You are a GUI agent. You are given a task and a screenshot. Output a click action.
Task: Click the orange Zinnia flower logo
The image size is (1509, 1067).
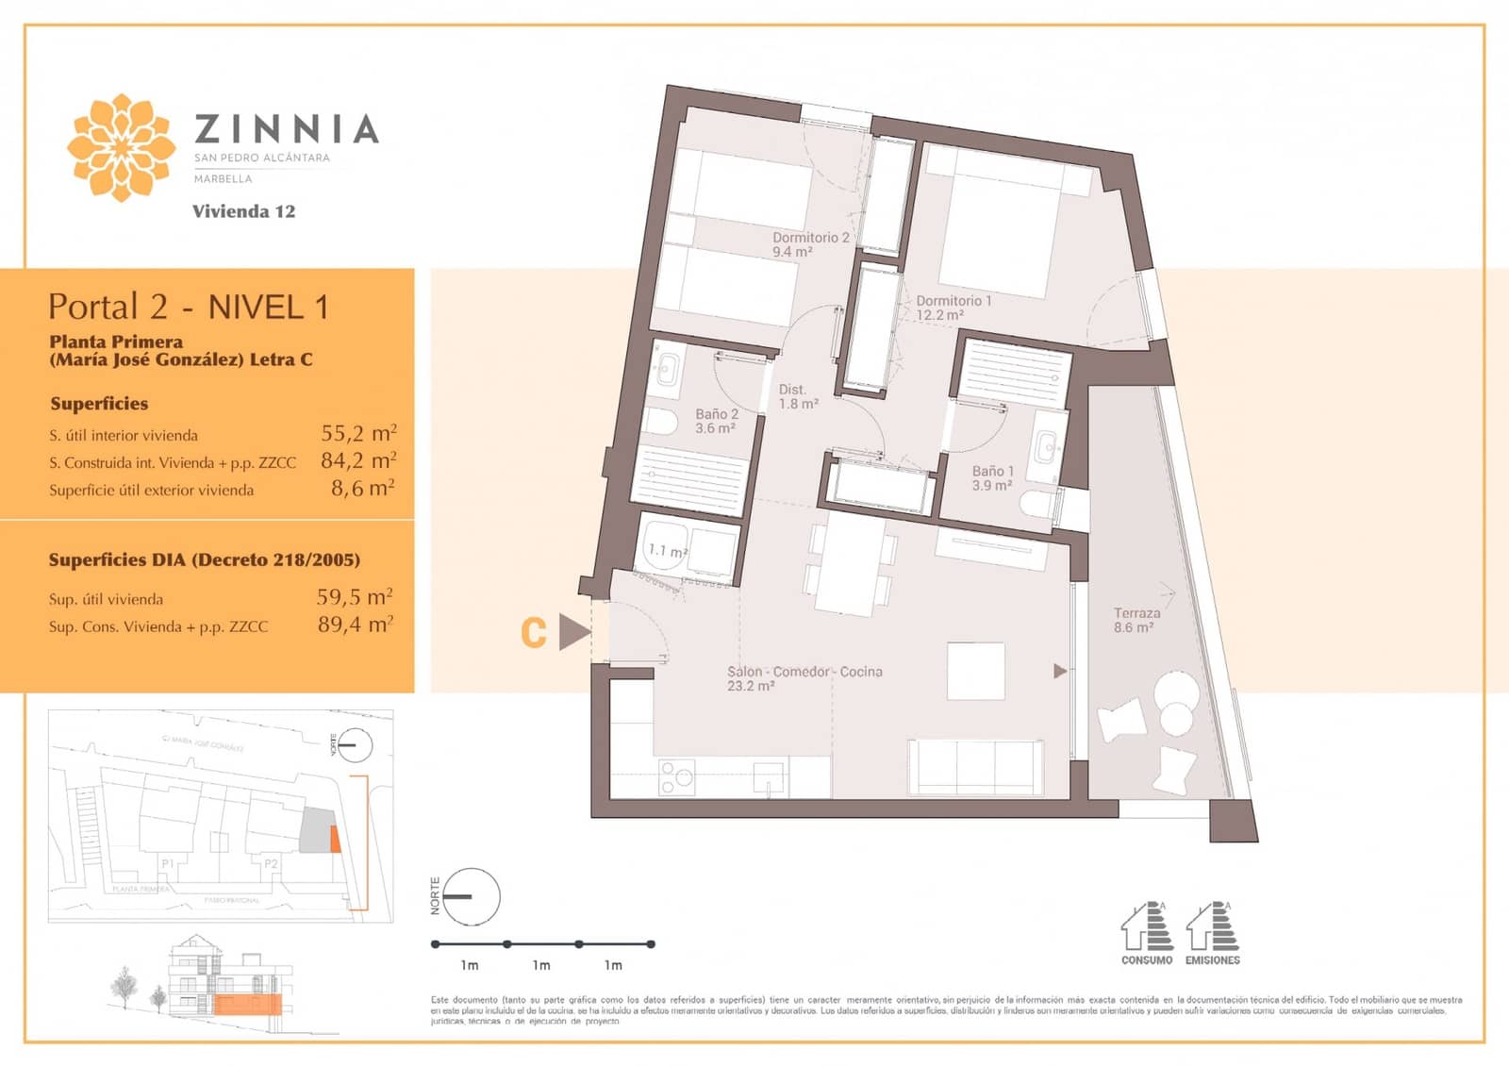click(121, 147)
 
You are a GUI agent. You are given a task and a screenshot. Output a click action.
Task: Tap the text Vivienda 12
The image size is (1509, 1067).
click(243, 211)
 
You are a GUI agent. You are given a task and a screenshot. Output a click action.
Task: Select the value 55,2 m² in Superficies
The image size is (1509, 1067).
click(358, 433)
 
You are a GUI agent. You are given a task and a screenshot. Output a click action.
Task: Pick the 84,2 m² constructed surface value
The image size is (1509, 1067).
click(358, 460)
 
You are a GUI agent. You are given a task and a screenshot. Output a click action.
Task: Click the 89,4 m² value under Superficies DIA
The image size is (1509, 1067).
click(356, 625)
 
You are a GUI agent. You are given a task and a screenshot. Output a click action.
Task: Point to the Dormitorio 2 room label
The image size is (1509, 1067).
click(810, 244)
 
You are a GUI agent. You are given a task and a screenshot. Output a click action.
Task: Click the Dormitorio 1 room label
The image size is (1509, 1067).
click(953, 308)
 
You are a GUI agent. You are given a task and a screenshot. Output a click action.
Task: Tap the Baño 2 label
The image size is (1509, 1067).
click(717, 421)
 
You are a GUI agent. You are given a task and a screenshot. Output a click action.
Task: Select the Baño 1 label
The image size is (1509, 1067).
click(992, 477)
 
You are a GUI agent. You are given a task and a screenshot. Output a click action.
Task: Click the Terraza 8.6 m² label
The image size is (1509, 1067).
click(1136, 620)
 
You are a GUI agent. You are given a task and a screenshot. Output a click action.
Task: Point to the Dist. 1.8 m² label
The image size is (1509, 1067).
click(797, 396)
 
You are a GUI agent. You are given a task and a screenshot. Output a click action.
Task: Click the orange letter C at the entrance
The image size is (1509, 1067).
click(534, 633)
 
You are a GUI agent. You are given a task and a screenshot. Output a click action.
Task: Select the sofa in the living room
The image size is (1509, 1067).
click(975, 766)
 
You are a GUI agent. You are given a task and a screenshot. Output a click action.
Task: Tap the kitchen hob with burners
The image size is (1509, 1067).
click(676, 777)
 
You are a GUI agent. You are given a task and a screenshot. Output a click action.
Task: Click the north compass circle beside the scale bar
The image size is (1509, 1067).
click(470, 896)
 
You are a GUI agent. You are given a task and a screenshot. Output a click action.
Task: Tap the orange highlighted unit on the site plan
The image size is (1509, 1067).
click(334, 838)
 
